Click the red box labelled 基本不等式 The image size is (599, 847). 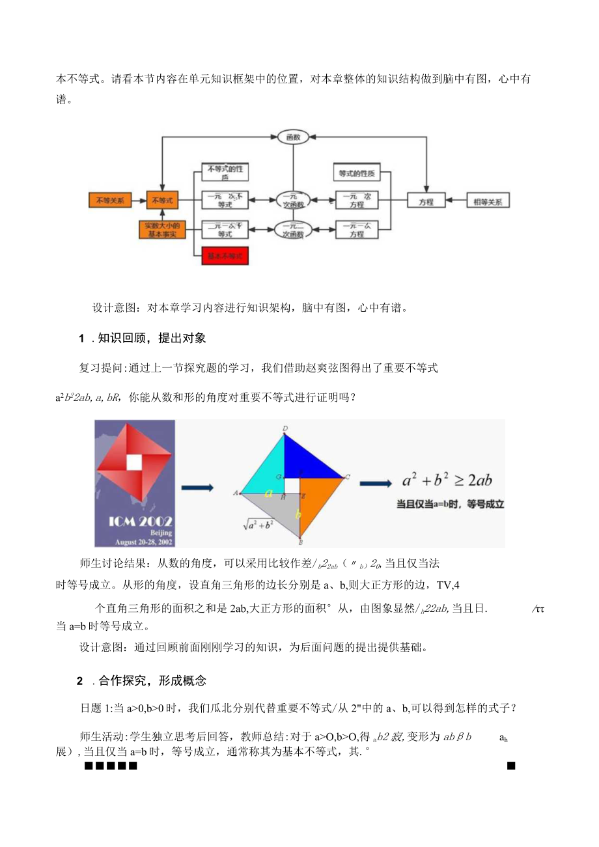coord(225,257)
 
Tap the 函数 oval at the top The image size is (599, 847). coord(292,137)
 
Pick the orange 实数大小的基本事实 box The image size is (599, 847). coord(162,230)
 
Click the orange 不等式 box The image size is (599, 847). coord(162,200)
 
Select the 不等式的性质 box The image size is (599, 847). coord(225,172)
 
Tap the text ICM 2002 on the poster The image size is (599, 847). coord(135,521)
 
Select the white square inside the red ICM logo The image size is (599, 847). coord(135,462)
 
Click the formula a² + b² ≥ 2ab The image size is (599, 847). coord(447,480)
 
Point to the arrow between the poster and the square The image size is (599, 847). coord(197,487)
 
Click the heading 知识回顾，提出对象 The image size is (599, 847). coord(151,338)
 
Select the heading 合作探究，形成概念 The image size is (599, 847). coord(152,681)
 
